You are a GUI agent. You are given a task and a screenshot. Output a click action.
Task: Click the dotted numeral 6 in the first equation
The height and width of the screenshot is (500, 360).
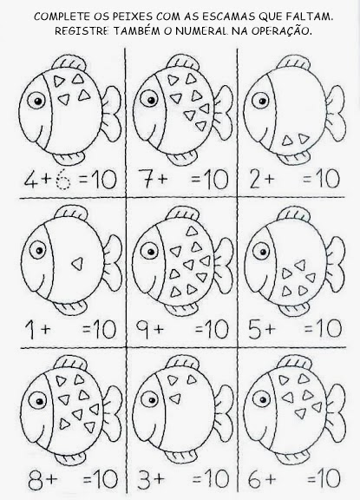pyautogui.click(x=62, y=181)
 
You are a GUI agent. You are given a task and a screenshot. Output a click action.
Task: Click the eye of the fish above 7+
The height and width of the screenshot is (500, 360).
pyautogui.click(x=151, y=100)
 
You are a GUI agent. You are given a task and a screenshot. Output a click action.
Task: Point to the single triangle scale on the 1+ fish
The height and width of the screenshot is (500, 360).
pyautogui.click(x=77, y=264)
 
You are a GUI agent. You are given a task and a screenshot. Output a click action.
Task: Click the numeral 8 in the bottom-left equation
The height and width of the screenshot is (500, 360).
pyautogui.click(x=36, y=479)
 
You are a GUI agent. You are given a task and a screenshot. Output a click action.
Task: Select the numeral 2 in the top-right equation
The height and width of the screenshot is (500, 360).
pyautogui.click(x=256, y=180)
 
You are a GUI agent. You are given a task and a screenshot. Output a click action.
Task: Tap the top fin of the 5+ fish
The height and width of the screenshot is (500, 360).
pyautogui.click(x=292, y=215)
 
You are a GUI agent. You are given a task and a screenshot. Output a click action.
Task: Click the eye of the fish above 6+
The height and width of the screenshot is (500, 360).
pyautogui.click(x=263, y=400)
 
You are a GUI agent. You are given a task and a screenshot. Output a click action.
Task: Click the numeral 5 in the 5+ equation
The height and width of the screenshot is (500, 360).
pyautogui.click(x=256, y=329)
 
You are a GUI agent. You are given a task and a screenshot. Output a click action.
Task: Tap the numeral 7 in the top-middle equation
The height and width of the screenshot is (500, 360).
pyautogui.click(x=145, y=180)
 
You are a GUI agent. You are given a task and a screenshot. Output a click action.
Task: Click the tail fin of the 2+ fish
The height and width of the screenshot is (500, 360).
pyautogui.click(x=336, y=112)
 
